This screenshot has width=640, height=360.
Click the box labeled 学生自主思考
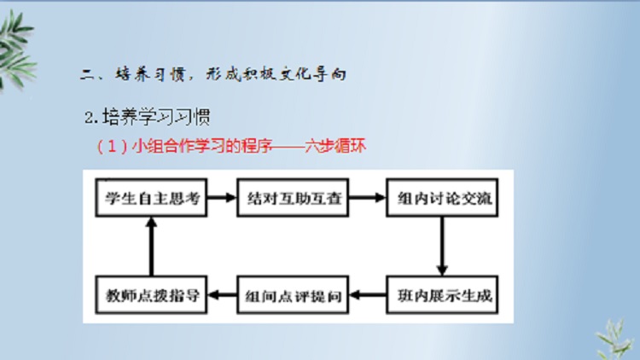151,198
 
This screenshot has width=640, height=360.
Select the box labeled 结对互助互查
293,198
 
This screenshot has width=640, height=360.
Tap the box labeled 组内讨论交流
442,198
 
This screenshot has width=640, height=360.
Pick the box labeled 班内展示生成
442,294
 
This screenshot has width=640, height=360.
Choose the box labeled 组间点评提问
293,294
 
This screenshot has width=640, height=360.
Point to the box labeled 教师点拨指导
151,294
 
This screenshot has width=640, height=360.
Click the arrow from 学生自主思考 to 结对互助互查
222,198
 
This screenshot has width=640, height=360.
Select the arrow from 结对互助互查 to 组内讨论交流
367,198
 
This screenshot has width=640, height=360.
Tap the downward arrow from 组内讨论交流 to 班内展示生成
442,247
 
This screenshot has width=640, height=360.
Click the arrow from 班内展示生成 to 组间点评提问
367,294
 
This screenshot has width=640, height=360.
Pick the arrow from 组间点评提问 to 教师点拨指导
222,294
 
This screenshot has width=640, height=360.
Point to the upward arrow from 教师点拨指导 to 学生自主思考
151,247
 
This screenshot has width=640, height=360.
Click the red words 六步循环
335,146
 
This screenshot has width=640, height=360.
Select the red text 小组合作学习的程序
202,146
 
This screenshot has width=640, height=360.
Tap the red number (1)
112,146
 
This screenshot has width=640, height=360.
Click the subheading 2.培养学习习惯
148,117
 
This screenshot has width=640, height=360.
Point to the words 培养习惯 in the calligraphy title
150,74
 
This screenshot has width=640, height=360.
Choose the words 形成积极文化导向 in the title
276,74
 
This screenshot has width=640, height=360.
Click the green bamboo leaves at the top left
16,49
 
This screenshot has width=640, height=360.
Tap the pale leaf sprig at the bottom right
615,340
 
